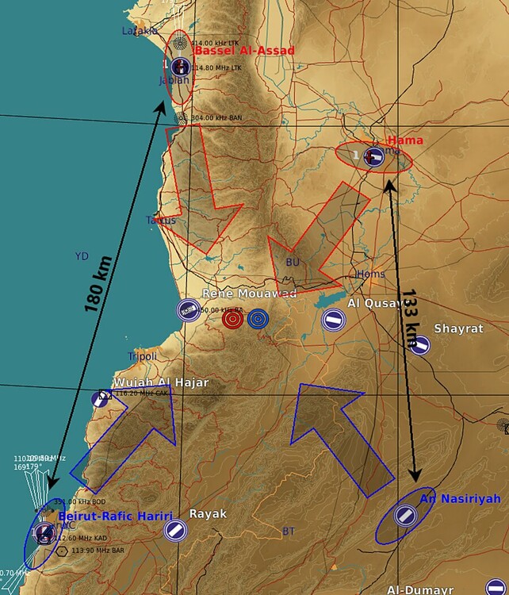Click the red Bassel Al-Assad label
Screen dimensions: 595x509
click(x=244, y=51)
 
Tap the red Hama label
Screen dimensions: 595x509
click(x=405, y=140)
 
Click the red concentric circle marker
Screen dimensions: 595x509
click(x=232, y=319)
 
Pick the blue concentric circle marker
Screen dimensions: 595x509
click(x=258, y=319)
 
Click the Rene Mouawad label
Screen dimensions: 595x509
click(x=249, y=294)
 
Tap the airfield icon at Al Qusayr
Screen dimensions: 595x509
click(x=333, y=321)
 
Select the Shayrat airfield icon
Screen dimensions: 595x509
click(x=420, y=345)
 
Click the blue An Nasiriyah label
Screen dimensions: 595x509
click(x=460, y=498)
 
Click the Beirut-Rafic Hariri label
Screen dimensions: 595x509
click(x=115, y=516)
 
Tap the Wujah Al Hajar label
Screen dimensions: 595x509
click(x=161, y=382)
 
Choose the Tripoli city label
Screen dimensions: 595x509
click(x=143, y=356)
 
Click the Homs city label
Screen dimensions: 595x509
click(x=371, y=274)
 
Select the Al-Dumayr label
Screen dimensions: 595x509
click(x=420, y=589)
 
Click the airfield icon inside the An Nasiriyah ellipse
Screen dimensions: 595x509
click(x=405, y=516)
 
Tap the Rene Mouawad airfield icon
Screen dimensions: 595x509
click(x=189, y=310)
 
